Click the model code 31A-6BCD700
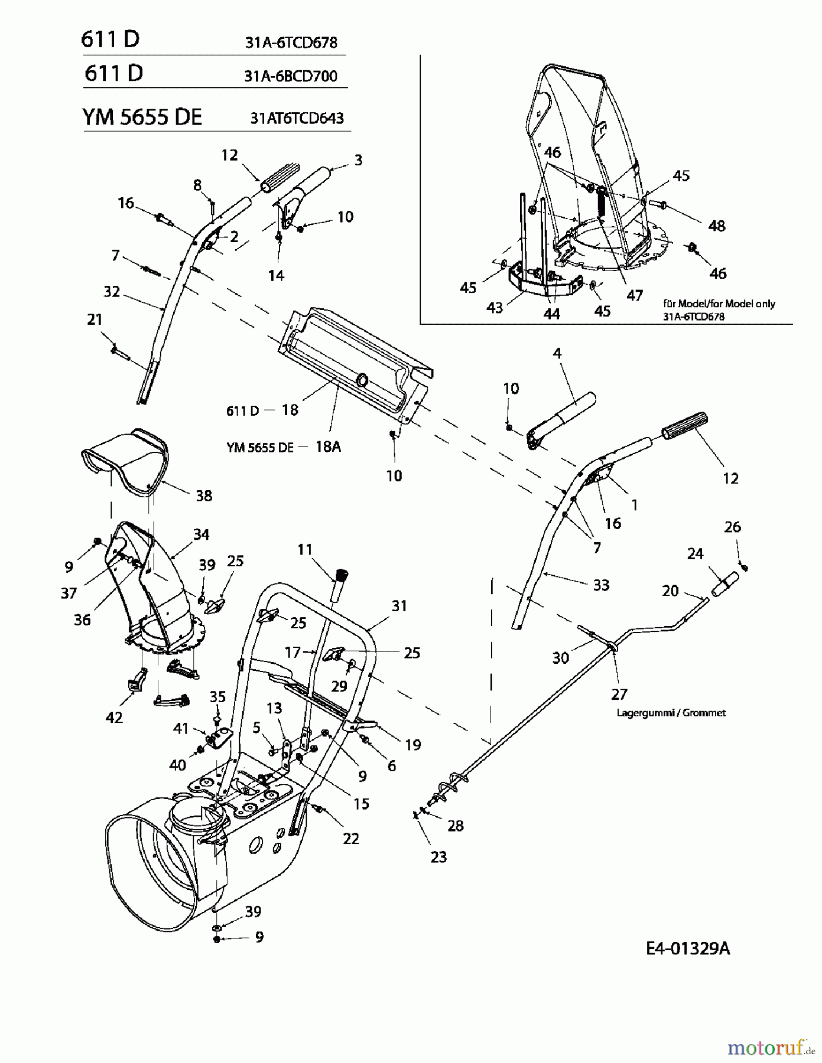(290, 76)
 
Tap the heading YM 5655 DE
(142, 117)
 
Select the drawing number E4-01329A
(688, 948)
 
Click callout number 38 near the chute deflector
(204, 495)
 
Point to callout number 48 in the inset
(716, 226)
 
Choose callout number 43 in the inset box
(494, 307)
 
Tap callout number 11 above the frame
(304, 550)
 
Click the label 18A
(328, 446)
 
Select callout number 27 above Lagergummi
(619, 694)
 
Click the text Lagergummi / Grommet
(671, 713)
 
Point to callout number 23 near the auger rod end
(438, 857)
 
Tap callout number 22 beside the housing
(351, 838)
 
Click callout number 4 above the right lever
(557, 353)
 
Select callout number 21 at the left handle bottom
(95, 319)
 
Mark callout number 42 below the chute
(114, 717)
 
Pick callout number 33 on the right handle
(601, 585)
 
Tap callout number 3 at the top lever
(358, 160)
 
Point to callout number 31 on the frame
(399, 605)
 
